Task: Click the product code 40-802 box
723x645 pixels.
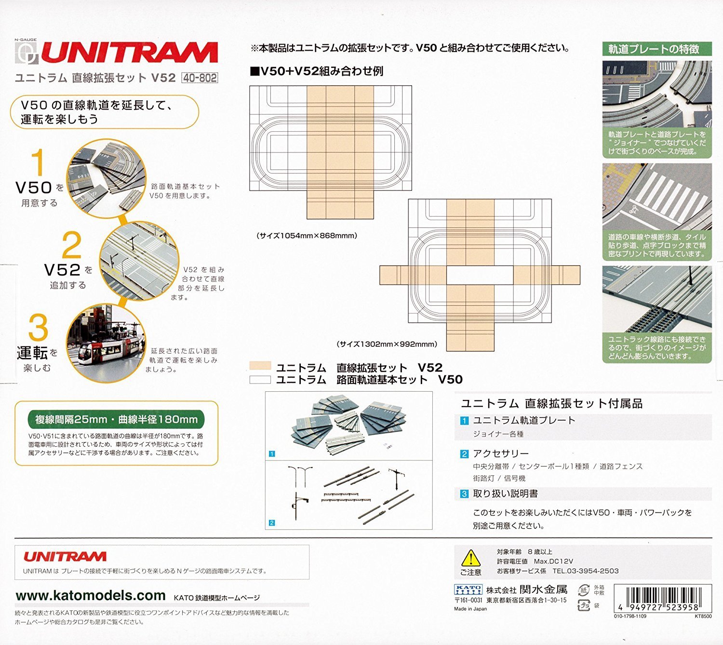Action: click(x=200, y=78)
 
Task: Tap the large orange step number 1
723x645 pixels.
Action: click(x=38, y=163)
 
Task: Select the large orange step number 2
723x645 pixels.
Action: click(x=72, y=245)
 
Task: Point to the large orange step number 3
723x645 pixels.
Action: click(x=38, y=328)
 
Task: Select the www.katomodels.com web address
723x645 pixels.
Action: click(x=91, y=596)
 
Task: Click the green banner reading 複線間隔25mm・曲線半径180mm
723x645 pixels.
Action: click(x=116, y=419)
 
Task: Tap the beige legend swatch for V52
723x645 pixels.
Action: click(x=260, y=366)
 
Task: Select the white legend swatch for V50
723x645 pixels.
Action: click(x=260, y=380)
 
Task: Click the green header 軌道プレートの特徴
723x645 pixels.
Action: click(x=657, y=49)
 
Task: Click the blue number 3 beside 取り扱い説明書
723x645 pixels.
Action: click(x=464, y=494)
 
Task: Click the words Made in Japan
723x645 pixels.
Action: click(x=470, y=609)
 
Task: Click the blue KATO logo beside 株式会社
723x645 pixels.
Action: click(x=468, y=590)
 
